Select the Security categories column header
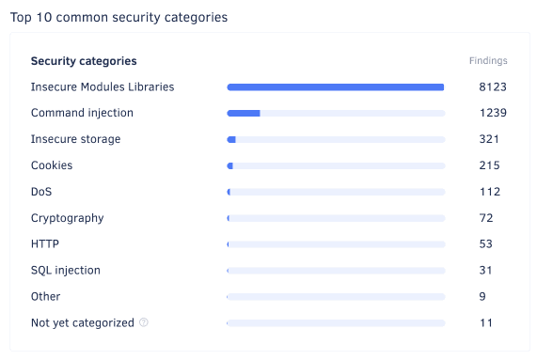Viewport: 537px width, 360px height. click(x=84, y=61)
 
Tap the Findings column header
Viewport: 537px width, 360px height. click(x=488, y=61)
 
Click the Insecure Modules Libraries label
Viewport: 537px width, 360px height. click(x=103, y=86)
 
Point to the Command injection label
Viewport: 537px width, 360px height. click(x=82, y=113)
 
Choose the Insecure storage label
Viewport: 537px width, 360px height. click(x=75, y=139)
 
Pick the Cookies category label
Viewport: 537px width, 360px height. click(x=52, y=165)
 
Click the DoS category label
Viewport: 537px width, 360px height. click(x=41, y=192)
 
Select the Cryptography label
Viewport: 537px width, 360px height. click(x=67, y=218)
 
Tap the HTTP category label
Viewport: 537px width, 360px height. click(x=45, y=243)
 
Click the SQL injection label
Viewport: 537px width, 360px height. click(x=66, y=270)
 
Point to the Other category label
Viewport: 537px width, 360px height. click(x=45, y=296)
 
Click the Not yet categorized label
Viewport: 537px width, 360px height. click(x=83, y=322)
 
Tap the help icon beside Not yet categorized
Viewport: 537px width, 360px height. click(x=144, y=322)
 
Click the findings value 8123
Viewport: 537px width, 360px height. click(x=493, y=86)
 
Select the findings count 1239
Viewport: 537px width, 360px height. click(x=493, y=113)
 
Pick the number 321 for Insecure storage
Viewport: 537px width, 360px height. click(x=489, y=139)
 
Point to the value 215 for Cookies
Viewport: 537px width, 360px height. click(x=489, y=165)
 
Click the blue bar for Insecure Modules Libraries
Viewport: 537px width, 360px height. click(x=335, y=87)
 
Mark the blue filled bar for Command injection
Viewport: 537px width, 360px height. click(x=244, y=114)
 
